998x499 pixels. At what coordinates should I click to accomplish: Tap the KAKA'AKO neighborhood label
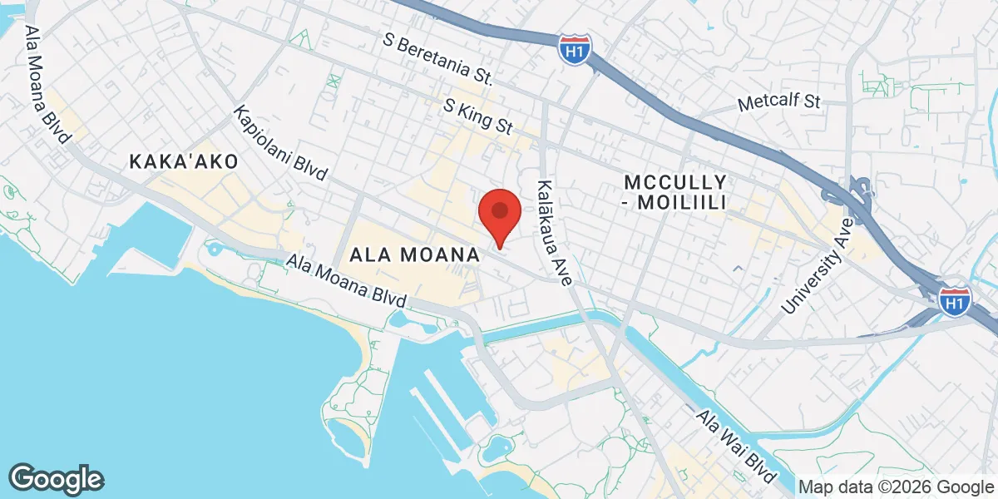point(184,161)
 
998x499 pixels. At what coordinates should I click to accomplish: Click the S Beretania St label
point(438,59)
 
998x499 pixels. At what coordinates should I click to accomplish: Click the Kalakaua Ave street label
point(555,234)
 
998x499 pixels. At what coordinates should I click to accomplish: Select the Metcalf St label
point(779,103)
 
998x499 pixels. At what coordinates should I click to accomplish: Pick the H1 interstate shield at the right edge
point(954,301)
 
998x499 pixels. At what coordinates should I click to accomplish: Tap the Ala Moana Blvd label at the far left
point(47,84)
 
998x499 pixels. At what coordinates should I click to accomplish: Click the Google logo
point(57,478)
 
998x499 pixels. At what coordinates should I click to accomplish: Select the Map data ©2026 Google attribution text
point(896,487)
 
